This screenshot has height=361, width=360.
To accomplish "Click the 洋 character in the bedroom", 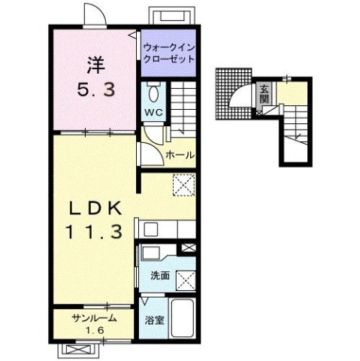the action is click(x=96, y=65).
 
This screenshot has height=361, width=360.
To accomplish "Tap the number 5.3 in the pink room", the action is click(x=96, y=89).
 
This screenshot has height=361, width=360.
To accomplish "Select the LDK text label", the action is click(x=95, y=208).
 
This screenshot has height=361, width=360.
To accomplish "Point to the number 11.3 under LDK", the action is click(x=94, y=232).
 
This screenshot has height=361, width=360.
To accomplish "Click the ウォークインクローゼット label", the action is click(x=169, y=53).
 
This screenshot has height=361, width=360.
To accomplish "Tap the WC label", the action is click(x=155, y=113).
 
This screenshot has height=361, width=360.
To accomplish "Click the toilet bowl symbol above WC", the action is click(x=153, y=93).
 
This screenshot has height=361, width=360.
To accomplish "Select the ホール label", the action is click(x=180, y=155).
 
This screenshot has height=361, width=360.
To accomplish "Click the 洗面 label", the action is click(x=160, y=275).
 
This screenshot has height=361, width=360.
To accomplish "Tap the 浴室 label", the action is click(x=155, y=320).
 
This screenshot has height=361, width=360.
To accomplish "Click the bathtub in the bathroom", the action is click(x=183, y=318).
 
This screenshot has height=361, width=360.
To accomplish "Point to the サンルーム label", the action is click(x=95, y=318).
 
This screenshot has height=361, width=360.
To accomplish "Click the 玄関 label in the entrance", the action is click(x=264, y=94).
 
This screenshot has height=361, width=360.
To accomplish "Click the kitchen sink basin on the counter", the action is click(x=150, y=229).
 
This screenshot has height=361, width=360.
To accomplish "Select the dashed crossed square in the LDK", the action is click(x=184, y=185).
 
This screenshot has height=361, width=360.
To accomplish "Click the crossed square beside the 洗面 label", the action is click(x=186, y=281).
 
